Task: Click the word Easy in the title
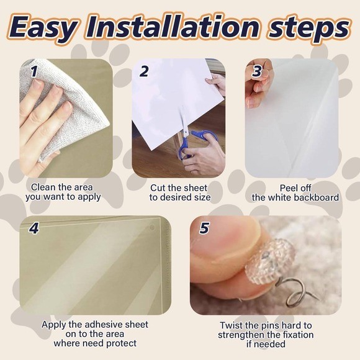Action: [43, 28]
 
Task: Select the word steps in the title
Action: [309, 29]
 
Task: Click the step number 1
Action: [34, 71]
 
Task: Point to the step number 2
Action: [144, 71]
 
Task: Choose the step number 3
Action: [257, 71]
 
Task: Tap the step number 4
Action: [34, 228]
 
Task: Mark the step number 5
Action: [204, 228]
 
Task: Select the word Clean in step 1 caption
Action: [43, 187]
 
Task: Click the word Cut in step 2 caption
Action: [158, 188]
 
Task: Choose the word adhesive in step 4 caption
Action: [102, 325]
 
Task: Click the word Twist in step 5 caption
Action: [230, 325]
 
